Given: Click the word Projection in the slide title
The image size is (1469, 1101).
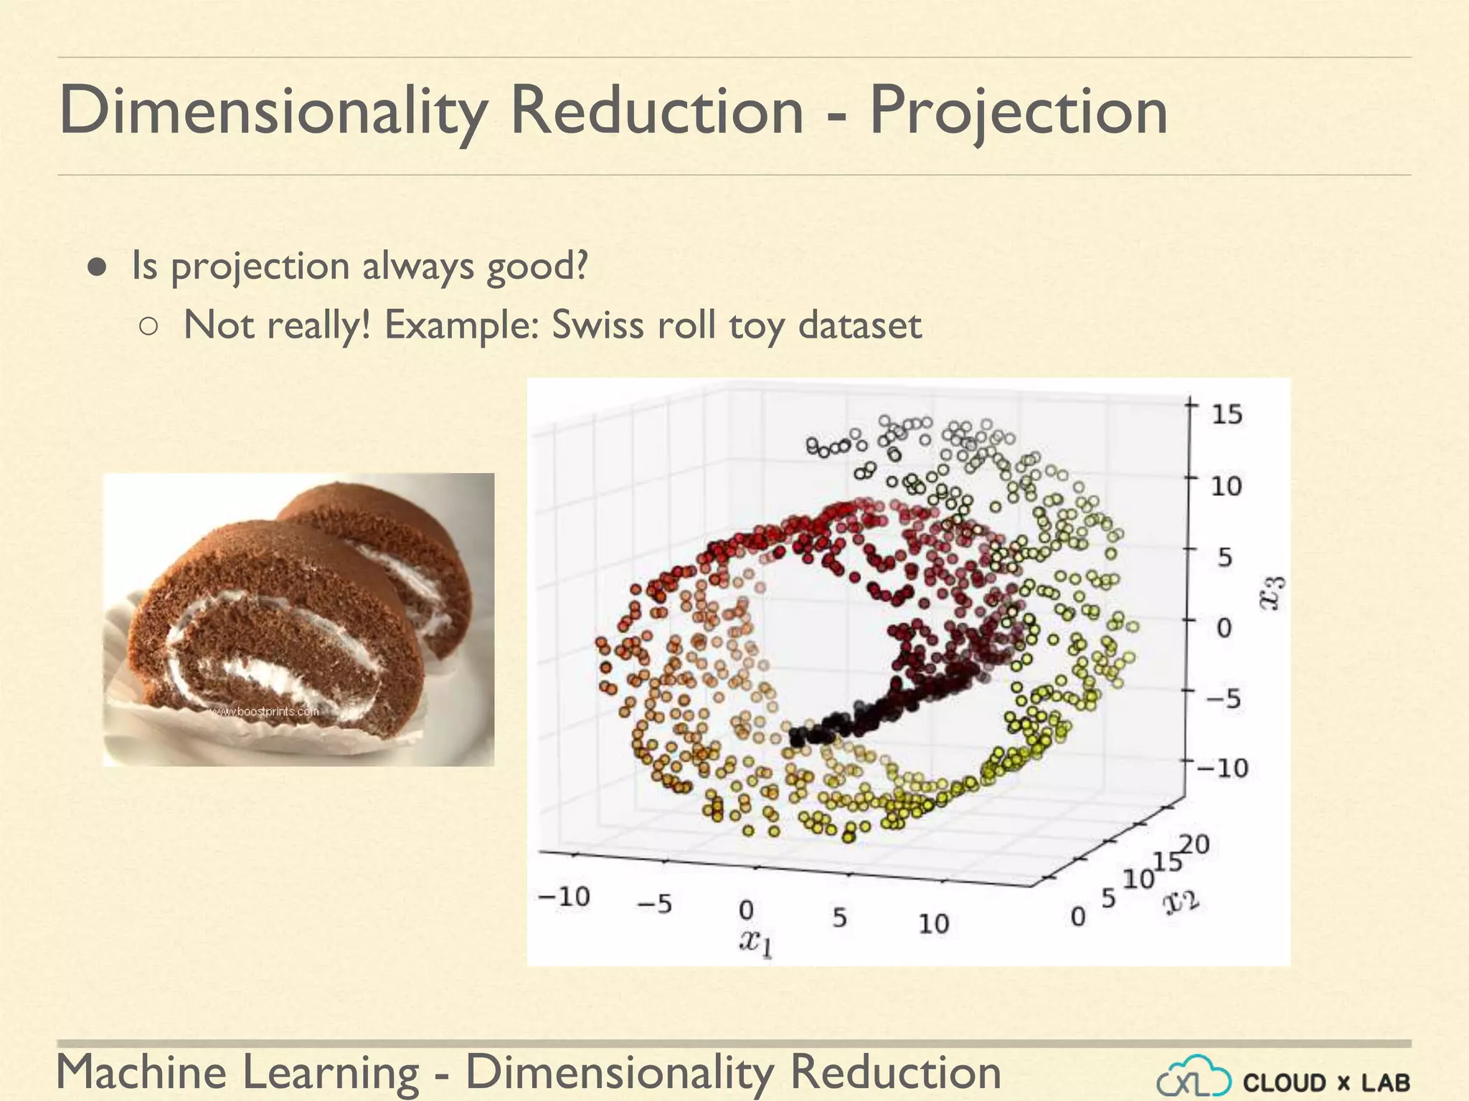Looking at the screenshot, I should (x=1019, y=111).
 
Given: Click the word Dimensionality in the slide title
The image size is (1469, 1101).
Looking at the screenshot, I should (x=273, y=111).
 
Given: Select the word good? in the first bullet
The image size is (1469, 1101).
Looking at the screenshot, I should (x=537, y=267).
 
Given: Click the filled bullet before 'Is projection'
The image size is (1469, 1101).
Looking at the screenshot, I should (x=98, y=267).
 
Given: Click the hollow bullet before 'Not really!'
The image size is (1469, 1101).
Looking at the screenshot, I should (x=148, y=327).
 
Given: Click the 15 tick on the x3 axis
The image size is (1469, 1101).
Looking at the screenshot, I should (x=1227, y=415).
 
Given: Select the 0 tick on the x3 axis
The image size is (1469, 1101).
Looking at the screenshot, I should (x=1224, y=628).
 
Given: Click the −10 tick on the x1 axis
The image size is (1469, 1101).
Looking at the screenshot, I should (x=564, y=897).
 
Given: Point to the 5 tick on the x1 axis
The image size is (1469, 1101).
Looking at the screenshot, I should (x=839, y=918).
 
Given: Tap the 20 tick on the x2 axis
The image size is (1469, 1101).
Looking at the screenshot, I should (x=1195, y=844).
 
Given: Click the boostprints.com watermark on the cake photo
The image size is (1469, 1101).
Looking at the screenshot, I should (x=265, y=712).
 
